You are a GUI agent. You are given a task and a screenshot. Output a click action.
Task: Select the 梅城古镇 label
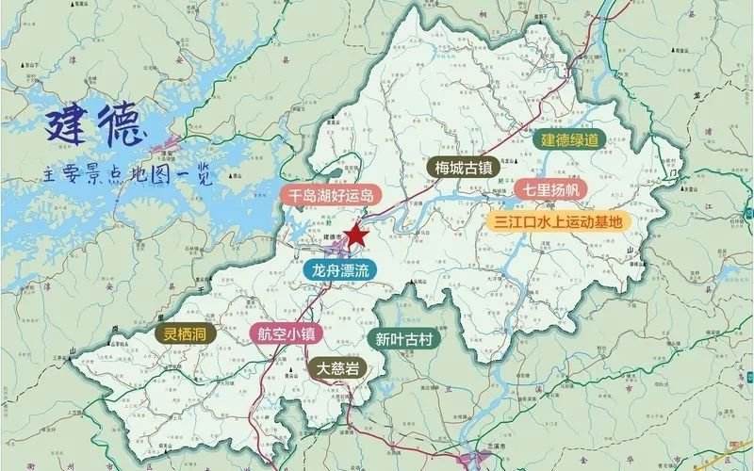pyautogui.click(x=464, y=168)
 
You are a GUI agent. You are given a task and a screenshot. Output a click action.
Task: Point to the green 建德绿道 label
pyautogui.click(x=569, y=139)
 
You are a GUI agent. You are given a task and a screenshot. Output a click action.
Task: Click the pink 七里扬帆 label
pyautogui.click(x=550, y=189)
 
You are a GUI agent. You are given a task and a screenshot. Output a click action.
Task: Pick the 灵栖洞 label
pyautogui.click(x=184, y=333)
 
